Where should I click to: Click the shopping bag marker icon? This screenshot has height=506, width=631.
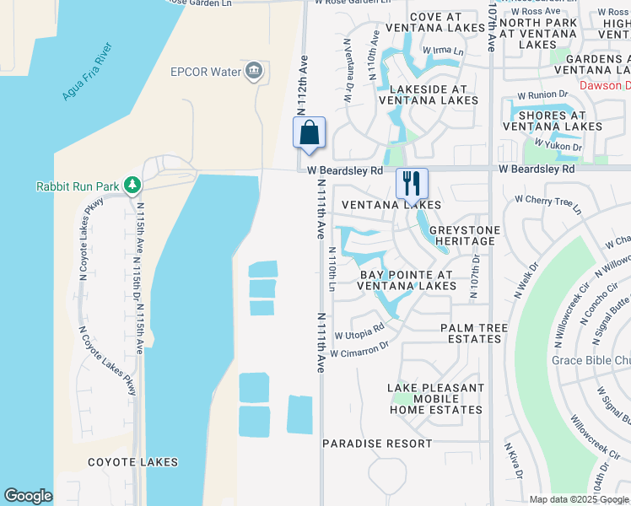(310, 133)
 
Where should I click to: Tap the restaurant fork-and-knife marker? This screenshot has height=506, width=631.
(412, 183)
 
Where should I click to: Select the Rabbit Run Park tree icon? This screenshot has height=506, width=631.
(132, 185)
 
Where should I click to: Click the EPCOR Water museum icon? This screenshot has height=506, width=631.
(253, 71)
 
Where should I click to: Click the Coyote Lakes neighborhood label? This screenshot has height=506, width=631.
(132, 462)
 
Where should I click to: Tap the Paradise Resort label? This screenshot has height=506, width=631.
(377, 444)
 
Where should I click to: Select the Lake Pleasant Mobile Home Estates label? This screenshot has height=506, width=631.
(436, 399)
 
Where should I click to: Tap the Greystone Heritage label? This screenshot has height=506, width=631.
(465, 235)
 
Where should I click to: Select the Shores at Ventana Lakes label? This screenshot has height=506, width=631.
(544, 121)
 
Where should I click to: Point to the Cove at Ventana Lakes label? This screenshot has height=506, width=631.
(436, 24)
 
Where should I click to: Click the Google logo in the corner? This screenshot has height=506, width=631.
(28, 496)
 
